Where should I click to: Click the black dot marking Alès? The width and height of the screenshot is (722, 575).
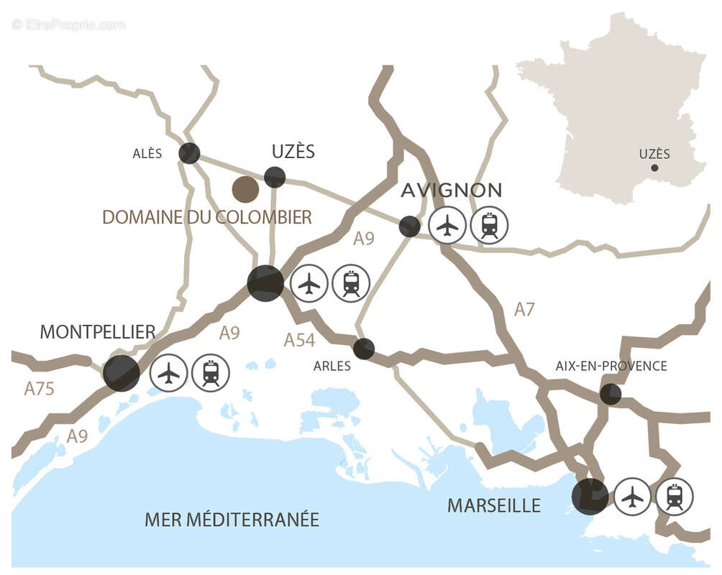189,153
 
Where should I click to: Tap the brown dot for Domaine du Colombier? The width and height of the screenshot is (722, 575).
245,189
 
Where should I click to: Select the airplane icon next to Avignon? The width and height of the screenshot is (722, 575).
447,225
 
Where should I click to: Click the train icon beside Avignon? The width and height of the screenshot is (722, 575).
489,225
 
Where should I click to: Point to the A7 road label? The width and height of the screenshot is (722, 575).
524,310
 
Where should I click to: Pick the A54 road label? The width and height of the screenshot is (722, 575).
299,340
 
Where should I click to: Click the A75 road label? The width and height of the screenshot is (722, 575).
40,389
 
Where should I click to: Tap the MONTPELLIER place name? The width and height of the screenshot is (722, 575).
97,331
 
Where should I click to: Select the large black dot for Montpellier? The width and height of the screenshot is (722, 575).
121,373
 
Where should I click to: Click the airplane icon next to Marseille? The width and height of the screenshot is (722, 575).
633,496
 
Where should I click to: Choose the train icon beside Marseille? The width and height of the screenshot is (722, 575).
675,496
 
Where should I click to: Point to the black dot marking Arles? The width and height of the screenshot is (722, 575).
364,349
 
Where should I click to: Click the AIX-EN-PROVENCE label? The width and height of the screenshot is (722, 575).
611,366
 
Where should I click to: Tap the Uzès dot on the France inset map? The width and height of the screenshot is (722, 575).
654,168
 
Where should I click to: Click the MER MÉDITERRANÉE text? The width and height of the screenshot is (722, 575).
232,519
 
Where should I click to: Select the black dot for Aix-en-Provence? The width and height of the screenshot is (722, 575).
611,393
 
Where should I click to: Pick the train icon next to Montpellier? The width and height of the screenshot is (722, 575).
211,373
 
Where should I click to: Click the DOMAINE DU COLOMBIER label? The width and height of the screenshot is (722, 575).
207,217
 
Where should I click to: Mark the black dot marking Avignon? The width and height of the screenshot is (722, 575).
409,226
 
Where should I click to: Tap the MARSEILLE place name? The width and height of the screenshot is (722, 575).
493,505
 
